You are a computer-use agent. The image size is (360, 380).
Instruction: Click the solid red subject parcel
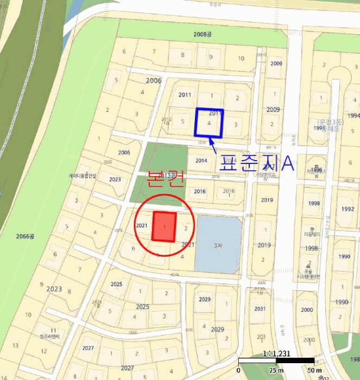tap(164, 226)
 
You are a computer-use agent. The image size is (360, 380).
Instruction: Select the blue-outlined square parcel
tap(209, 122)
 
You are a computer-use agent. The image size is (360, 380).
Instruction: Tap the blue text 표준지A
tap(256, 163)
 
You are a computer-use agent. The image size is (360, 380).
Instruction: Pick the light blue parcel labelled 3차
tap(218, 245)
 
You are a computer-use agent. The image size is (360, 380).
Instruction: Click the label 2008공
tap(201, 34)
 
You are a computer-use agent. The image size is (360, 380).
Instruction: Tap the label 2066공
tap(25, 236)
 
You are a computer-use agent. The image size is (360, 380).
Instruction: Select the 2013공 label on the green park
tap(168, 175)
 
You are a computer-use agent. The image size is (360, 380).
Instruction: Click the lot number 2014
tap(201, 161)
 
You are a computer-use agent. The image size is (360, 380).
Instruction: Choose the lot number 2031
tap(260, 309)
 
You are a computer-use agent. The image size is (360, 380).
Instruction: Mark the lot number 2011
tap(185, 95)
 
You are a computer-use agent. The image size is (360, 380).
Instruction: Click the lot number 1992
tap(348, 209)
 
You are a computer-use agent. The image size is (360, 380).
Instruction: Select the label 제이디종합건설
tap(82, 176)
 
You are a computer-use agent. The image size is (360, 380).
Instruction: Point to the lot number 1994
tap(354, 116)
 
